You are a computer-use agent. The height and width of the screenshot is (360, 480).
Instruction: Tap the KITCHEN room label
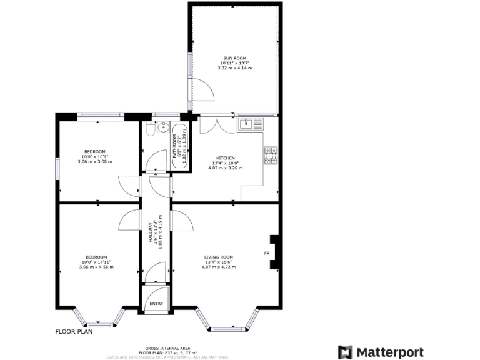(x=226, y=157)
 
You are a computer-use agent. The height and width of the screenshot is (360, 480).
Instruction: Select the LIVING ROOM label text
(x=218, y=257)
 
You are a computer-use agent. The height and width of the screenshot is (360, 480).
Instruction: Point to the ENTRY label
(x=156, y=304)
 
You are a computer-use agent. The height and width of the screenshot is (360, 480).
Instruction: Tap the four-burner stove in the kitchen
(x=271, y=156)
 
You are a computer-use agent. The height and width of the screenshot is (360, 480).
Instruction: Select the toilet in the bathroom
(x=151, y=128)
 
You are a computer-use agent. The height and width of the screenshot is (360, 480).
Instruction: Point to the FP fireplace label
(x=266, y=253)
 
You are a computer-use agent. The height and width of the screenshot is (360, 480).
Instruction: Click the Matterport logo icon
(x=345, y=352)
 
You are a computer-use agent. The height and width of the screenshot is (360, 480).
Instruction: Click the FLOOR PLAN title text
(x=74, y=332)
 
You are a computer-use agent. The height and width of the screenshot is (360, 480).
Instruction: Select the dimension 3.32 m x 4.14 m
(x=235, y=67)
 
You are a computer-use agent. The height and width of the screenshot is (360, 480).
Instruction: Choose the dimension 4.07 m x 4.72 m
(x=218, y=267)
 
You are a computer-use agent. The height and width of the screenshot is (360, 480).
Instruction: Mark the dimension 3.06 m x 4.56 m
(x=96, y=267)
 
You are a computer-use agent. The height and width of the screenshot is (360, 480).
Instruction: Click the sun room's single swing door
(x=204, y=92)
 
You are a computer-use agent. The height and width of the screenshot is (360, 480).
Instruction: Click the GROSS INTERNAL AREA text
(x=167, y=348)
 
